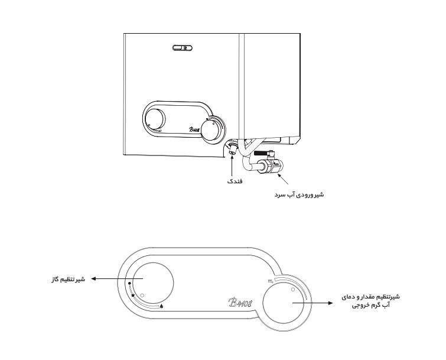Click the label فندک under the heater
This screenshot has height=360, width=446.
click(235, 181)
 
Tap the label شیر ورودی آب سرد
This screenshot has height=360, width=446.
click(299, 194)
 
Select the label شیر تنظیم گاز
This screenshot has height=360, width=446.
click(68, 279)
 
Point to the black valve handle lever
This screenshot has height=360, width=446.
click(260, 154)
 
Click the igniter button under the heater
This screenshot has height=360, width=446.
click(232, 150)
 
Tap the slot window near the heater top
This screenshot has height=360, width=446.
click(183, 48)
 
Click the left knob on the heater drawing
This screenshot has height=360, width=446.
click(155, 119)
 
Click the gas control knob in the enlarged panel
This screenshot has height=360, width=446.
click(153, 283)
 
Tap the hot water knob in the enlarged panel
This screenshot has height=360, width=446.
click(284, 303)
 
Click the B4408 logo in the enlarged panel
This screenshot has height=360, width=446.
click(240, 303)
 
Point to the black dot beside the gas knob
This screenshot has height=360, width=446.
click(130, 283)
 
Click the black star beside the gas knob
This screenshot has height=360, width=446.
click(133, 296)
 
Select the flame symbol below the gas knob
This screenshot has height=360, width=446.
click(162, 306)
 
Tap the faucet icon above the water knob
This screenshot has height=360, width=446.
click(271, 281)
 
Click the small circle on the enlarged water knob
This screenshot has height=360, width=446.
click(292, 290)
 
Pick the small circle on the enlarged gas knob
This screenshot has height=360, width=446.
click(143, 295)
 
